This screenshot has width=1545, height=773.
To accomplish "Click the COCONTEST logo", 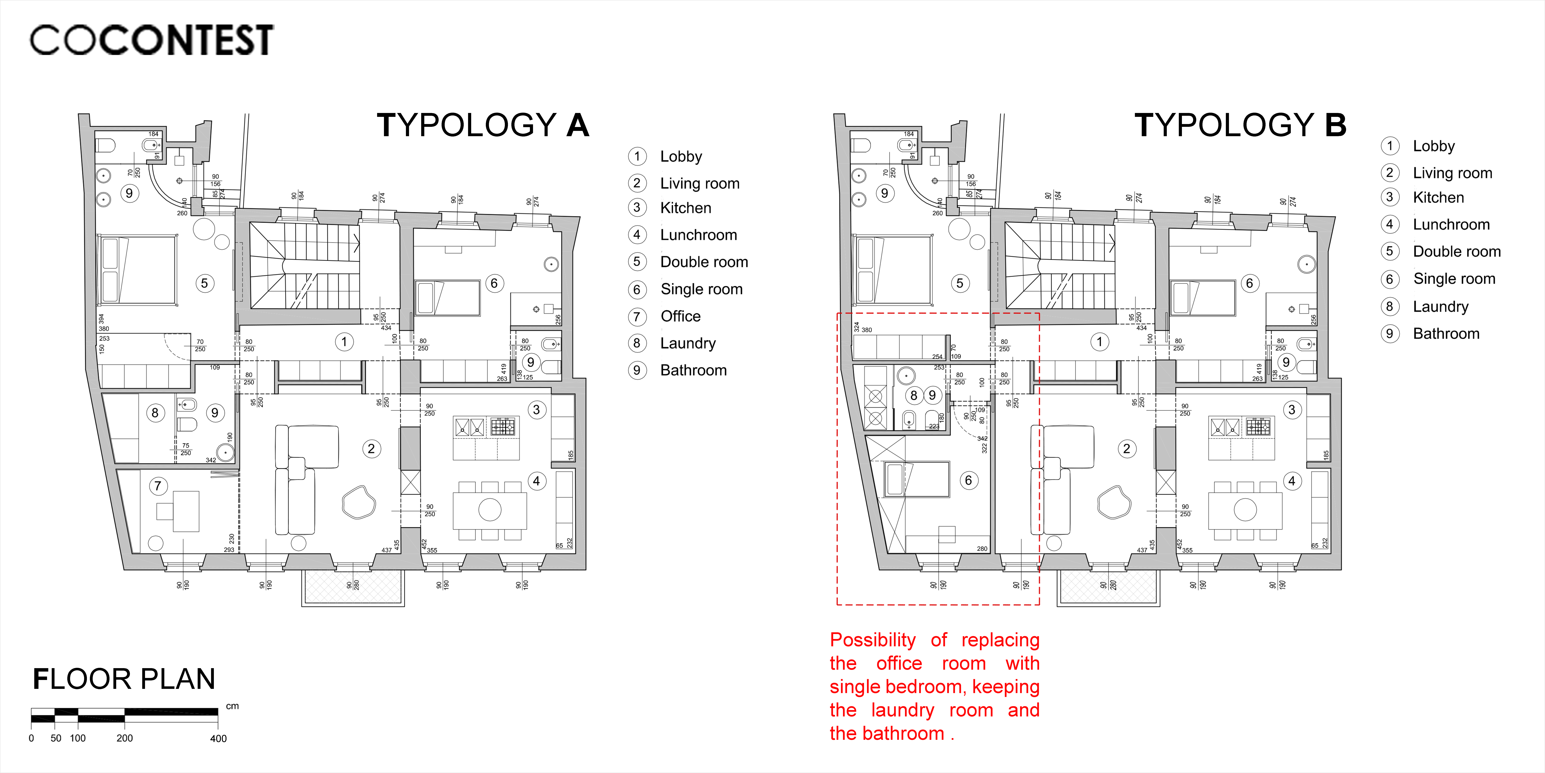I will click(x=152, y=40).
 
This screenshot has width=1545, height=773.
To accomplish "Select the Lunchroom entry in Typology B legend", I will click(x=1451, y=225).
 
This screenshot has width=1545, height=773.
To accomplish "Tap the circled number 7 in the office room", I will click(x=158, y=486).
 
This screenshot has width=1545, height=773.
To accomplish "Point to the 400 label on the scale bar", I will click(x=218, y=738).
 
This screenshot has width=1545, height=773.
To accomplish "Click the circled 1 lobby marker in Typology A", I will click(x=344, y=342).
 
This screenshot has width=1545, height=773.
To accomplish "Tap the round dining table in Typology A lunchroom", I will click(x=490, y=510).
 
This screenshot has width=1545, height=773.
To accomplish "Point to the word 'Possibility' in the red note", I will click(x=873, y=640).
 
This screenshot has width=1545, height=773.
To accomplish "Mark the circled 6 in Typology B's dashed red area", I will click(x=968, y=480).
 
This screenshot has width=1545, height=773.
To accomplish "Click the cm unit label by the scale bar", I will click(x=232, y=706).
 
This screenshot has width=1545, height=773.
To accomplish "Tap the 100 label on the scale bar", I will click(x=78, y=738).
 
